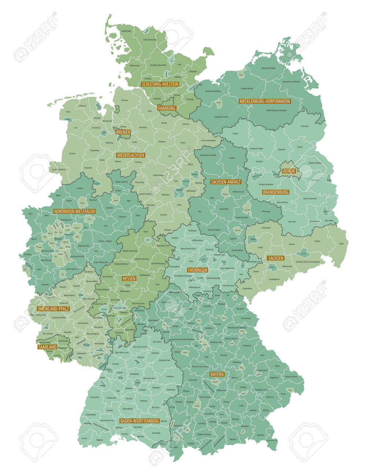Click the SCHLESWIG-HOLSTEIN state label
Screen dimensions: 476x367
pos(160,84)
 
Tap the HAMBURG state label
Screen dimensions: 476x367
pos(167,108)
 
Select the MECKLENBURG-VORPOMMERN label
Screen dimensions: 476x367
pos(264,101)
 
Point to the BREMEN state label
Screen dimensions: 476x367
pos(123,132)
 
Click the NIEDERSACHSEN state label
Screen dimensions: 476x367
pos(131,155)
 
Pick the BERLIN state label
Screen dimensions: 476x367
pos(289,171)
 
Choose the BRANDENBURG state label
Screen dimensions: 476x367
pos(276,192)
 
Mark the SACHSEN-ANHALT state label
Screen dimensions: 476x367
pos(226,182)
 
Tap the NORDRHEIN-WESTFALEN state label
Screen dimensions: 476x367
pos(74,212)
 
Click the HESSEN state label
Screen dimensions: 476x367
pos(129,279)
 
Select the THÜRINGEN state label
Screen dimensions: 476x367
pos(197,270)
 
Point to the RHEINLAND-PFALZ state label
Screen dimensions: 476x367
pos(53,309)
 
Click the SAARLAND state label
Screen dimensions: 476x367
pos(47,347)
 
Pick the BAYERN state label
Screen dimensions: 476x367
pos(217,375)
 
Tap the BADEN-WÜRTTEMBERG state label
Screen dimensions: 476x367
pos(140,421)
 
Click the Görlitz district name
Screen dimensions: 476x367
pos(341,243)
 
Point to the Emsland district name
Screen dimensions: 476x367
pos(72,153)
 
